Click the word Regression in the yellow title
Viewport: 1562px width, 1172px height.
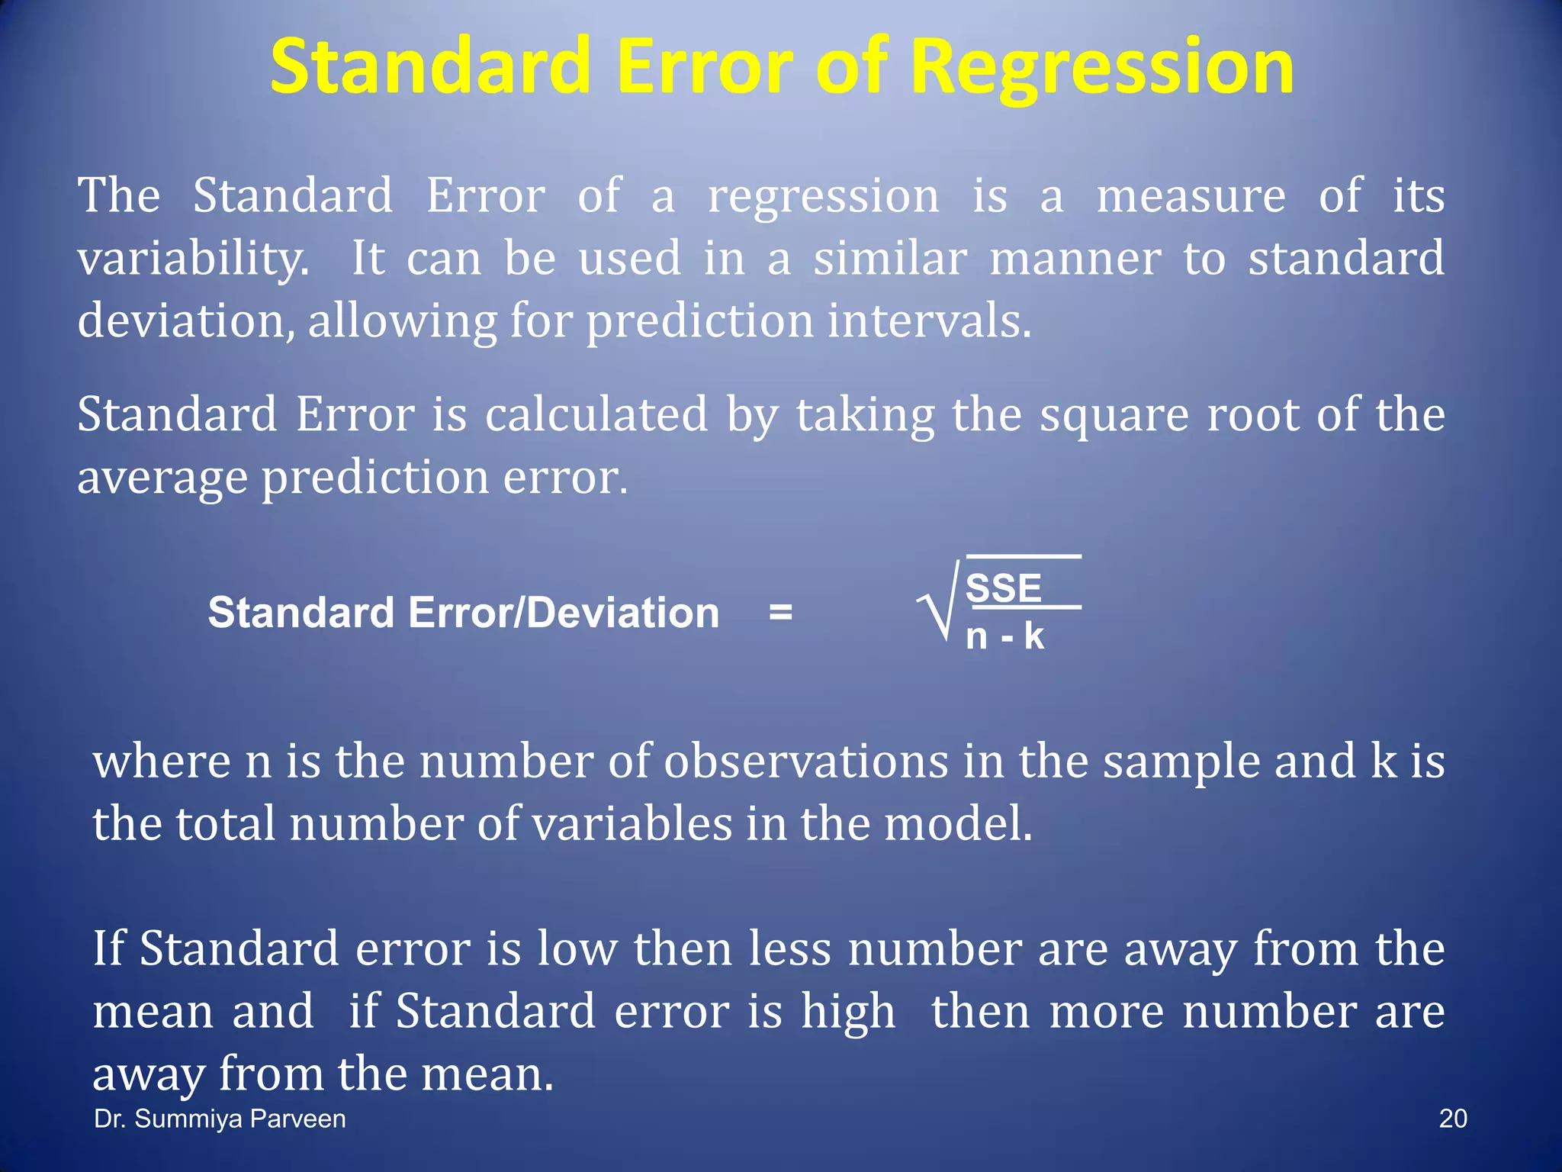(1102, 69)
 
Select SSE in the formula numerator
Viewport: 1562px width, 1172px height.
(1003, 588)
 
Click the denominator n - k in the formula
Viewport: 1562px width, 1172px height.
(1004, 636)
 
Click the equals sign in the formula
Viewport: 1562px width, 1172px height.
(780, 612)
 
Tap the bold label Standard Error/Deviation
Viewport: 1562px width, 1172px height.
(464, 613)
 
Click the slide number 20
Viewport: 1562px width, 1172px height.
(1452, 1119)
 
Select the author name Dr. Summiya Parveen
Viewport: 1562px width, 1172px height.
(220, 1119)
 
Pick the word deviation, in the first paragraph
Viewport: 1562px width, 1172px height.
(186, 320)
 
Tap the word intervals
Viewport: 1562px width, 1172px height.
(929, 320)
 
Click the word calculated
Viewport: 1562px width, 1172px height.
(596, 415)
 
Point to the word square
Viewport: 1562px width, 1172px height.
(1114, 417)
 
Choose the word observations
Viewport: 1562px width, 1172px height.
(805, 762)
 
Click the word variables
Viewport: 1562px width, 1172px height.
(632, 825)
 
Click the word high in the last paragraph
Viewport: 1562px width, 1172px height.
(847, 1013)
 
